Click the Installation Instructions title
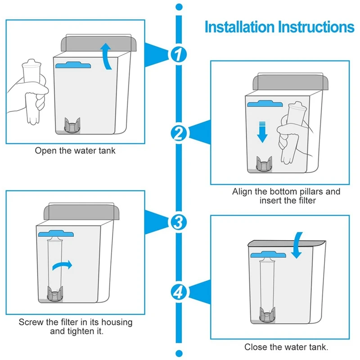pos(279,27)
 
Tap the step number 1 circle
pos(179,54)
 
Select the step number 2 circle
pos(179,133)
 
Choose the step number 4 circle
pos(179,292)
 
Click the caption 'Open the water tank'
pos(75,151)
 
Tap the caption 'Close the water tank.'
pos(286,347)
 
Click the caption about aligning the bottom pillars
pos(286,196)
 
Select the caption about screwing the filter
pos(76,327)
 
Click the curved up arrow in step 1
pos(107,57)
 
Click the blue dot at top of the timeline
pos(179,7)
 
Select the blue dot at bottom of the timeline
pos(179,353)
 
